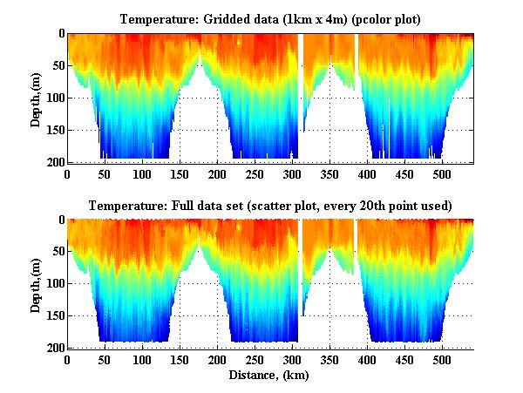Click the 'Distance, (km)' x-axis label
coord(269,376)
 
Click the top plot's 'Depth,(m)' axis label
coord(36,98)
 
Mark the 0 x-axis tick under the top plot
coord(67,174)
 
